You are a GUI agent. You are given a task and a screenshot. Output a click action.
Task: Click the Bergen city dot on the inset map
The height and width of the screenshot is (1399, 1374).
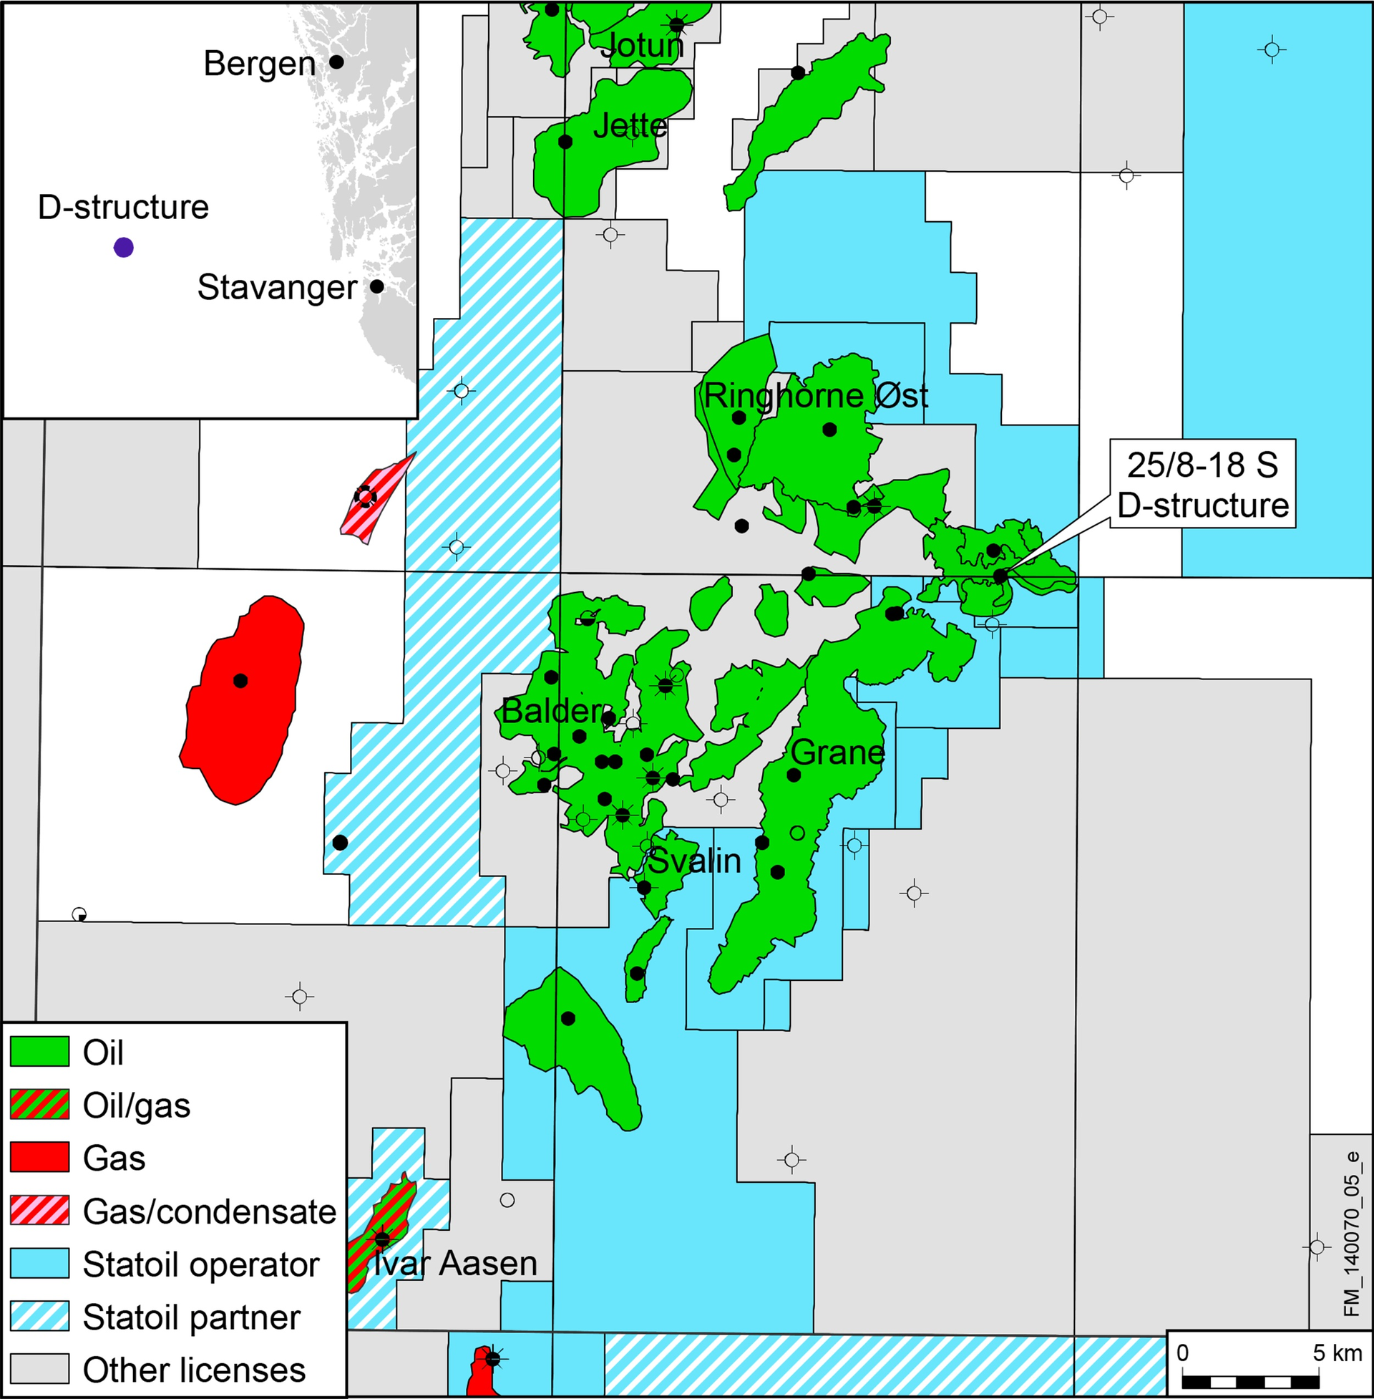[336, 62]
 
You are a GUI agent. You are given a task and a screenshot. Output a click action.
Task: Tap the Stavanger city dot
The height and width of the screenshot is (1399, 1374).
[376, 286]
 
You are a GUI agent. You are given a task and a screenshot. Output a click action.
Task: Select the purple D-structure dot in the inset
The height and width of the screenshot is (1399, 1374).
[123, 248]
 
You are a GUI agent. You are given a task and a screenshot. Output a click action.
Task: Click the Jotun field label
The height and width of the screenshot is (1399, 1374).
[641, 47]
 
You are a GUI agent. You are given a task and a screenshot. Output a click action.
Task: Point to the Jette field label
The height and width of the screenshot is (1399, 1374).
[630, 126]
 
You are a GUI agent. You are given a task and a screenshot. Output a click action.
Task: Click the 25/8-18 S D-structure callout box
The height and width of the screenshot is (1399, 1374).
[1202, 485]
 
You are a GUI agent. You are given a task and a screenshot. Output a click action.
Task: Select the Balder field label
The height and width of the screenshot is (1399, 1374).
[551, 712]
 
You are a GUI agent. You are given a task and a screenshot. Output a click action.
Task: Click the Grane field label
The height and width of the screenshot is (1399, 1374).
[837, 753]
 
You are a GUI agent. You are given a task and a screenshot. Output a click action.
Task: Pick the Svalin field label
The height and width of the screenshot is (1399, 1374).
[693, 861]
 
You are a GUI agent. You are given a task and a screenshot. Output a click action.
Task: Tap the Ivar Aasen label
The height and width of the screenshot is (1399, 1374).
[455, 1263]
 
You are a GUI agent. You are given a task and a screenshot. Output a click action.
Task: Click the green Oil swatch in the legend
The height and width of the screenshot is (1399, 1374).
[39, 1052]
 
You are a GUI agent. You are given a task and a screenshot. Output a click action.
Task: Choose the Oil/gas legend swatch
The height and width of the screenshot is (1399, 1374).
[39, 1105]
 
